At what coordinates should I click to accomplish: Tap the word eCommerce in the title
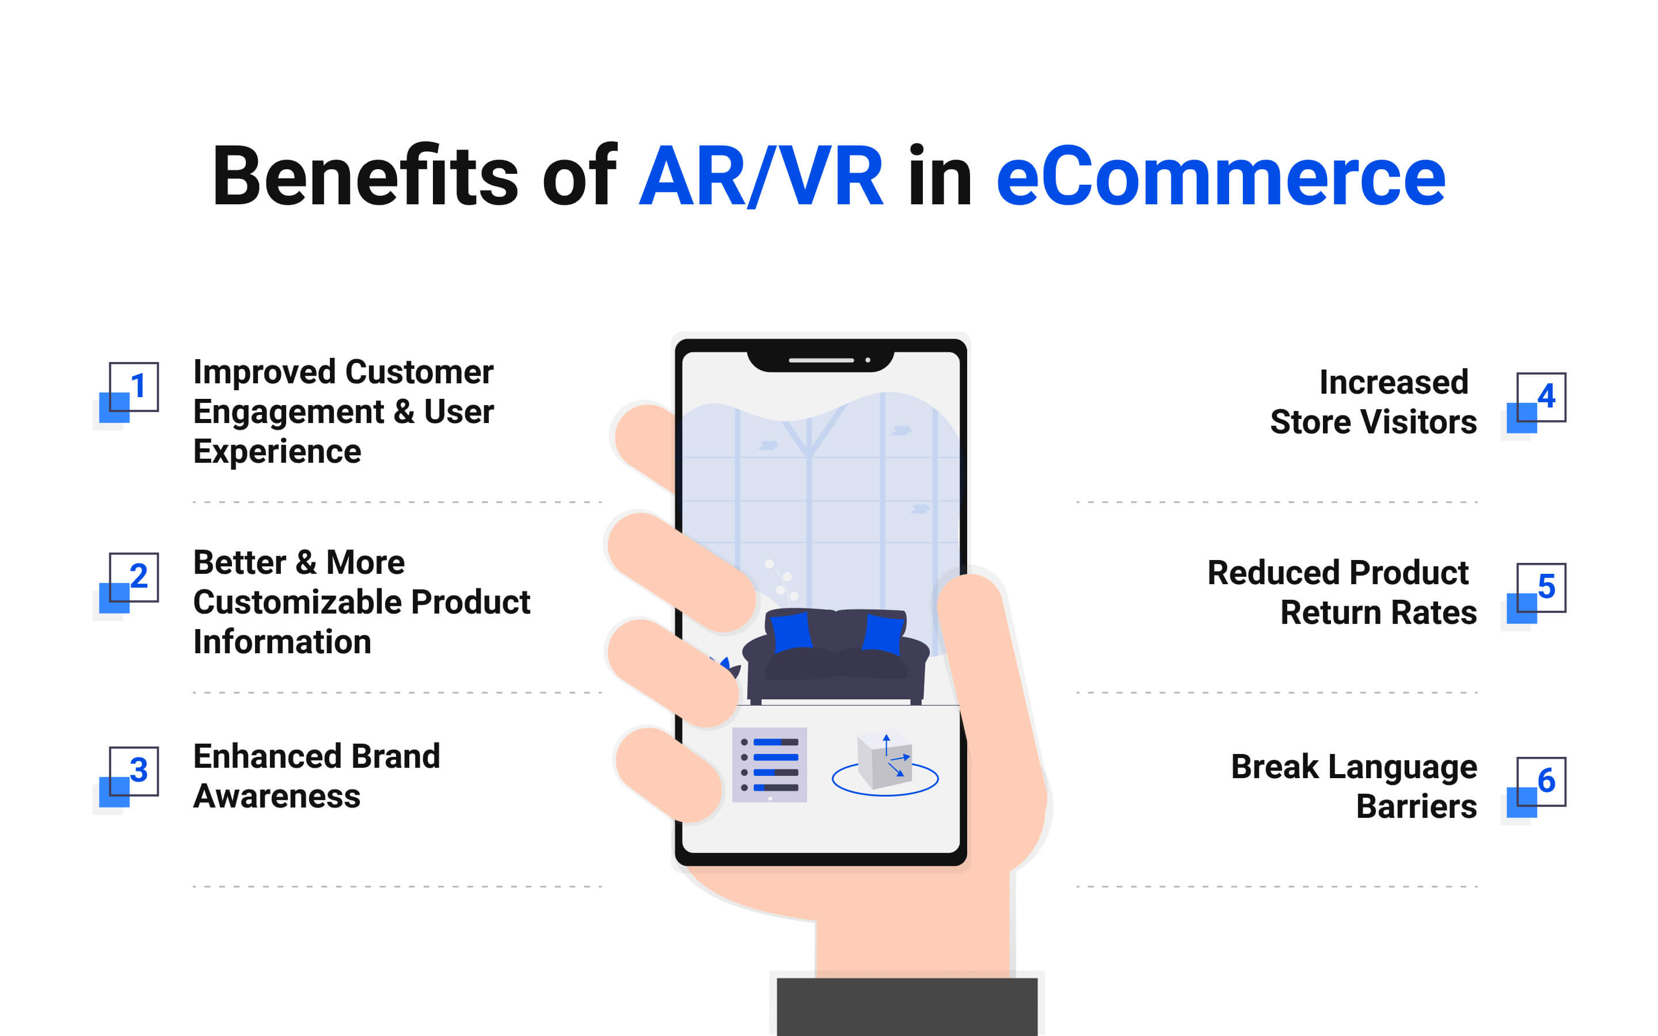pos(1221,177)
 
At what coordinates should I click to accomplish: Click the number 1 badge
pos(129,392)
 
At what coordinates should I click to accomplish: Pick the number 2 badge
pos(129,582)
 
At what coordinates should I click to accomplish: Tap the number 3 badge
pos(129,776)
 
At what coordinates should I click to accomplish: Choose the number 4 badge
pos(1537,403)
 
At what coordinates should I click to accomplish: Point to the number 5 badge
pos(1537,593)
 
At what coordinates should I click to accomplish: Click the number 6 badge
pos(1537,787)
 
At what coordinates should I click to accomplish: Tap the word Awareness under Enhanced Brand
pos(277,796)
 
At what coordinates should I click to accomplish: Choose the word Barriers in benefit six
pos(1416,806)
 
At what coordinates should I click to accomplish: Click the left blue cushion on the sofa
pos(792,632)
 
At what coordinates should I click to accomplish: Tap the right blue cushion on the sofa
pos(883,634)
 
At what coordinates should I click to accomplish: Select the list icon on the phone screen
pos(769,765)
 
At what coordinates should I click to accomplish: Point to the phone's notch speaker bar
pos(821,360)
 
